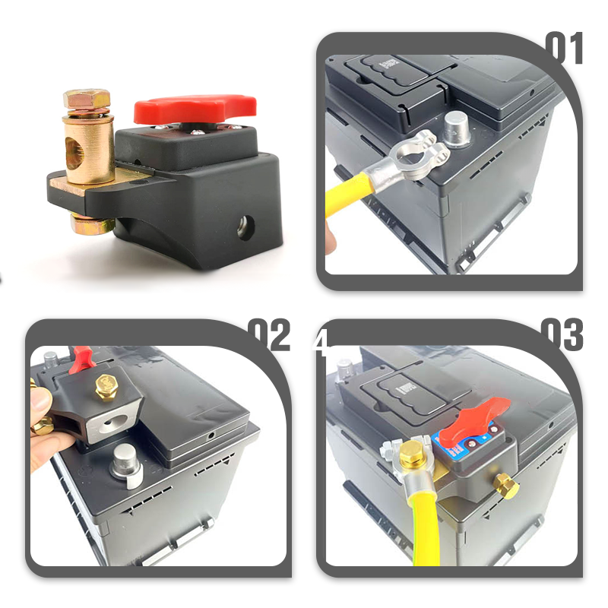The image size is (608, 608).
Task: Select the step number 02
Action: (x=269, y=335)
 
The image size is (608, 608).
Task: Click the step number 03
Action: (x=562, y=335)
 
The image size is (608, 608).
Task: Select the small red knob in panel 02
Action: (x=80, y=356)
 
